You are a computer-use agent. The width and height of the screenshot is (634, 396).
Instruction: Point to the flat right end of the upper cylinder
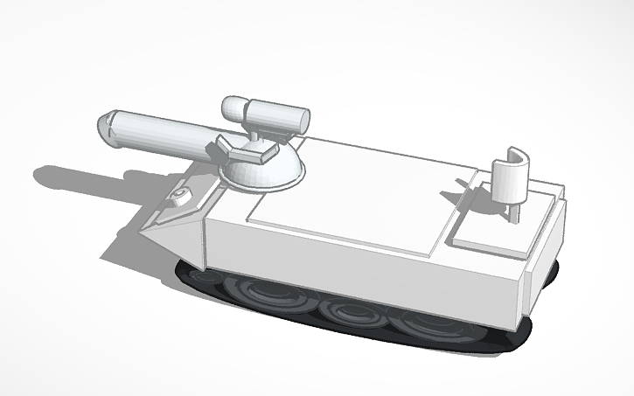pos(303,122)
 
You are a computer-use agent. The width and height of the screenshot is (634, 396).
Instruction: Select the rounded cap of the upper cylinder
pos(233,108)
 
